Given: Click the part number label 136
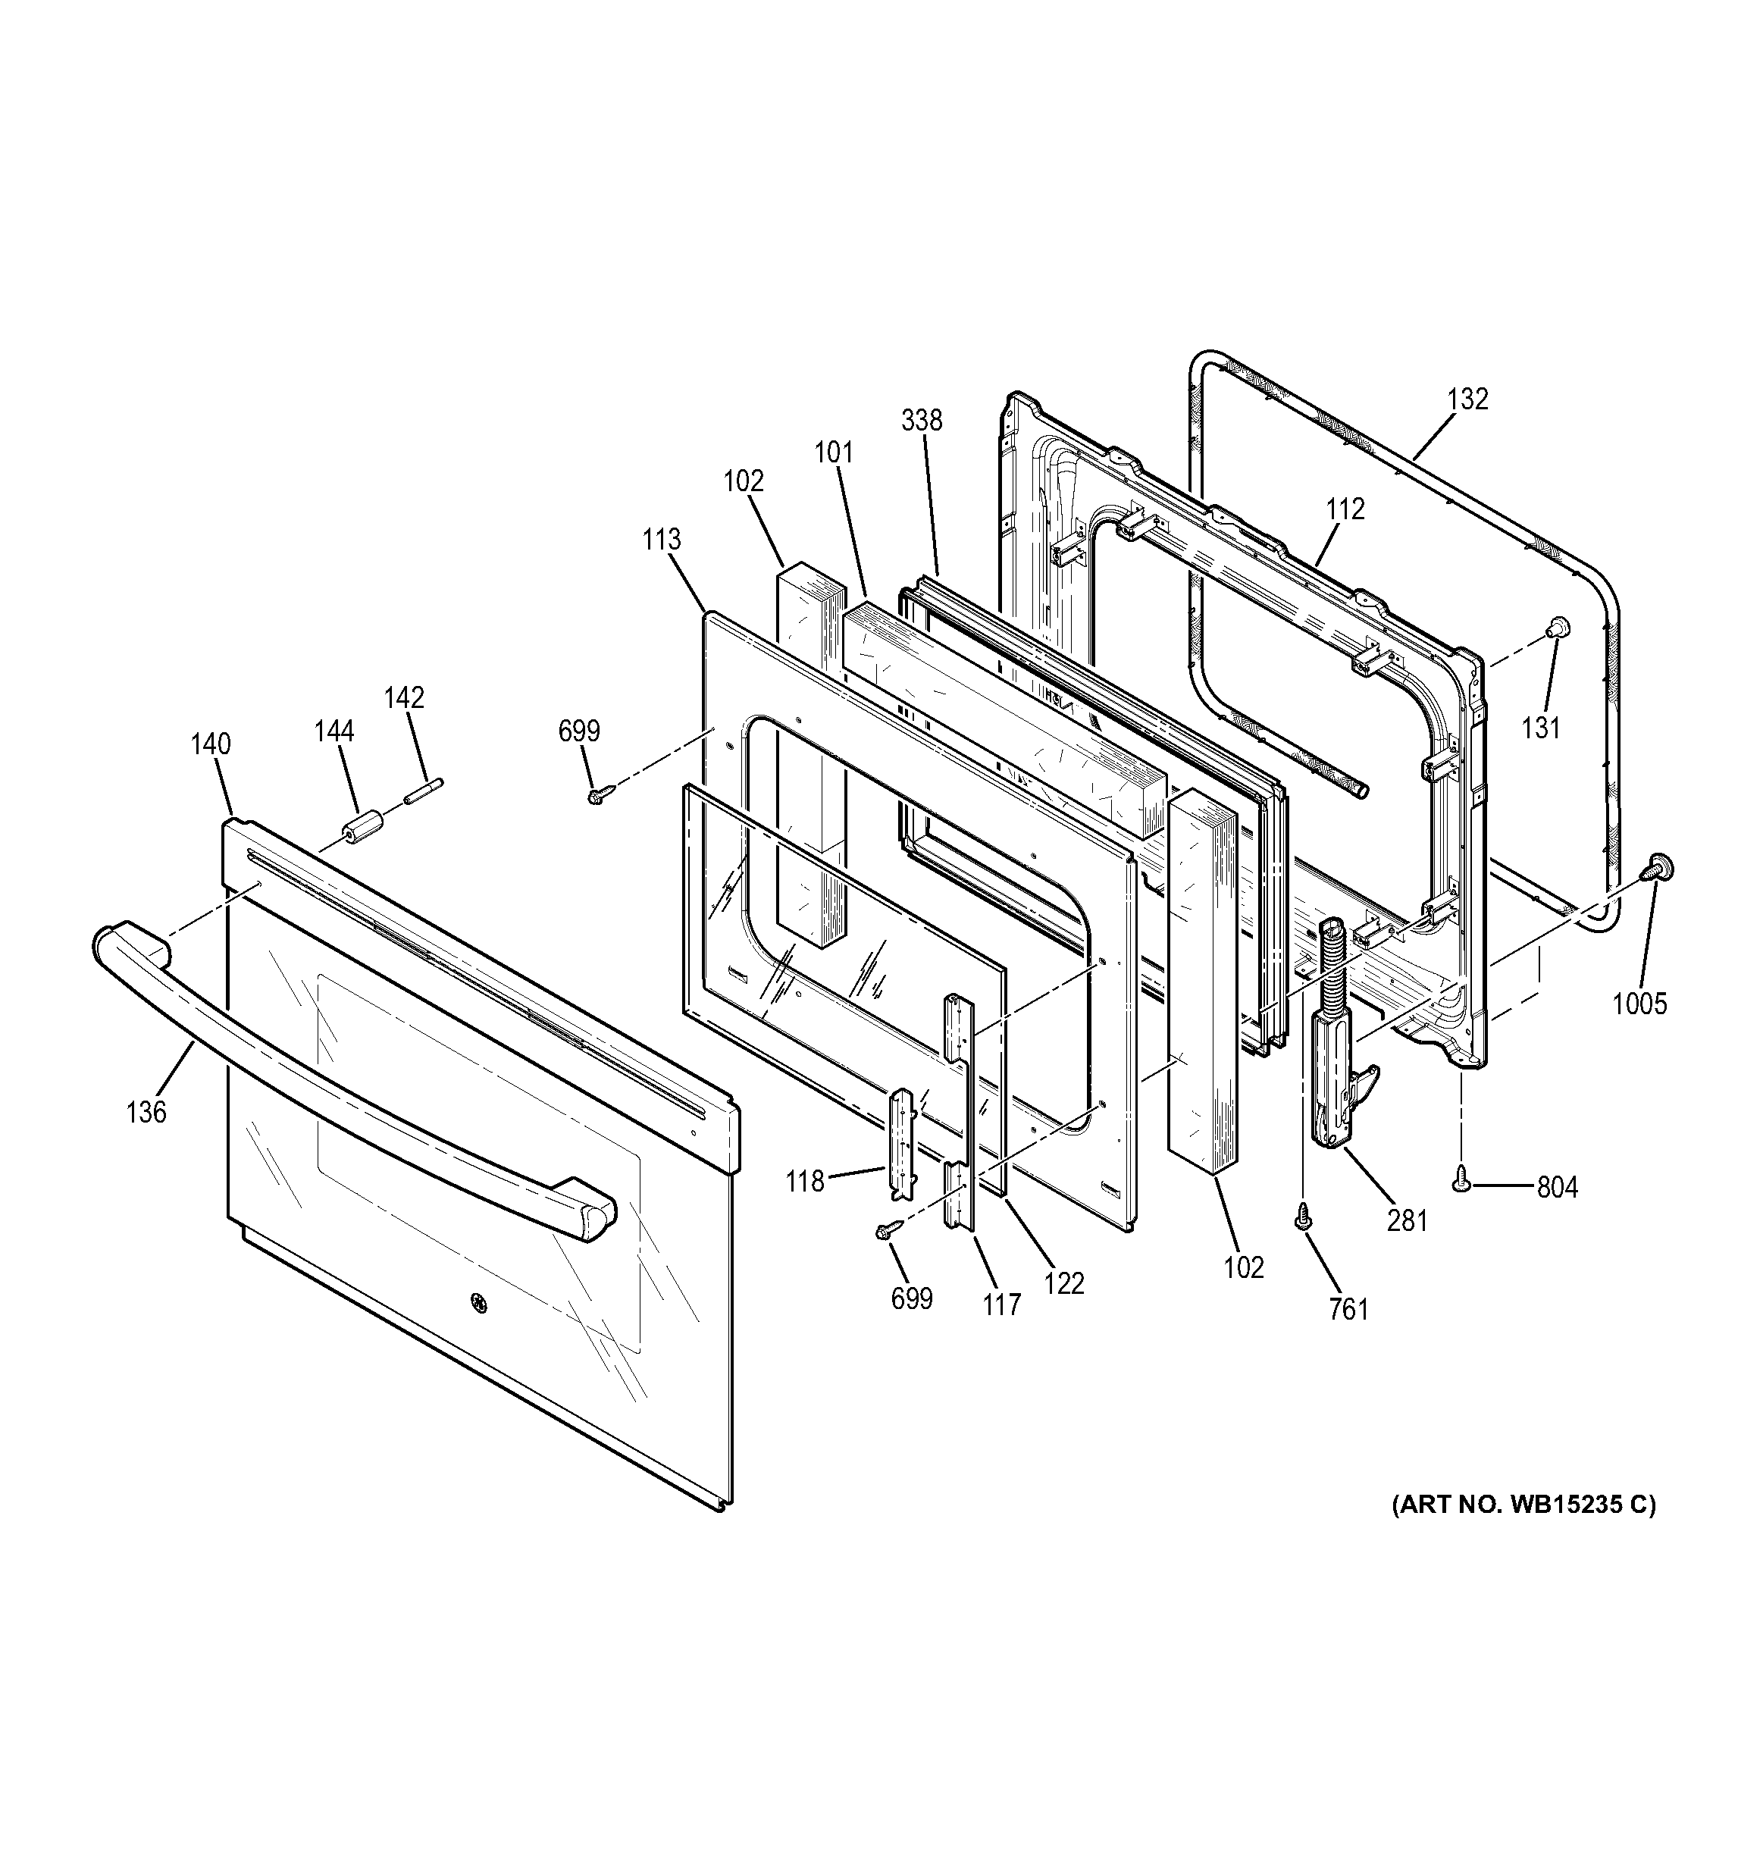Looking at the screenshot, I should click(x=146, y=1113).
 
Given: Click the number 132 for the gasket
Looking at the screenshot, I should click(x=1467, y=399).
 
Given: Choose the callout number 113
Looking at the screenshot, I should click(x=662, y=540).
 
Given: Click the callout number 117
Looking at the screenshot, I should click(x=1000, y=1305).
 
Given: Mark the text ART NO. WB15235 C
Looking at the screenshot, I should click(x=1523, y=1530).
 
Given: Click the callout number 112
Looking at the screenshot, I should click(x=1345, y=509).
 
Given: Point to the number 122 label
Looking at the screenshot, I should click(x=1065, y=1283).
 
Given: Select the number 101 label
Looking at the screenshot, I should click(x=835, y=453).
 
